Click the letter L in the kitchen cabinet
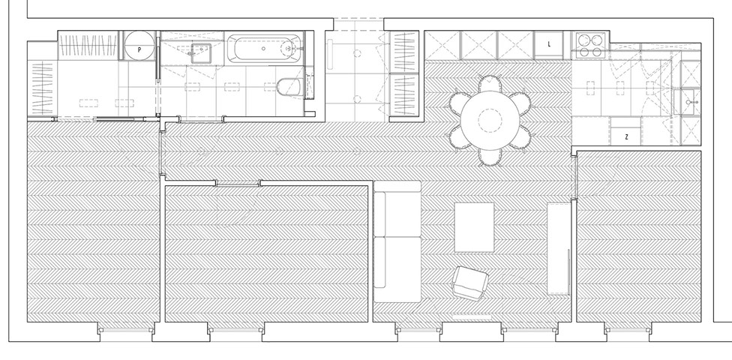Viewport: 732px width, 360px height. pyautogui.click(x=550, y=44)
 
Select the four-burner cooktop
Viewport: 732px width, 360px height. pyautogui.click(x=590, y=45)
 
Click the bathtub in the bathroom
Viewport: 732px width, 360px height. pyautogui.click(x=265, y=49)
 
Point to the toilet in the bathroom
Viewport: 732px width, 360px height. pyautogui.click(x=288, y=87)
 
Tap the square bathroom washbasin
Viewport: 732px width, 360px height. pyautogui.click(x=201, y=51)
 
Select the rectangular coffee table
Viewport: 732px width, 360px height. pyautogui.click(x=474, y=226)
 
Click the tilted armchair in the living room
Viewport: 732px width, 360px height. pyautogui.click(x=469, y=283)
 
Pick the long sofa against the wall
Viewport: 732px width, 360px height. pyautogui.click(x=397, y=241)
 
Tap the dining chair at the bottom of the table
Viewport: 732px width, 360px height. pyautogui.click(x=490, y=156)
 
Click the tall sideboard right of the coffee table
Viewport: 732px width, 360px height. pyautogui.click(x=559, y=247)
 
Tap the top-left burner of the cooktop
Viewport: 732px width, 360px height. pyautogui.click(x=583, y=39)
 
